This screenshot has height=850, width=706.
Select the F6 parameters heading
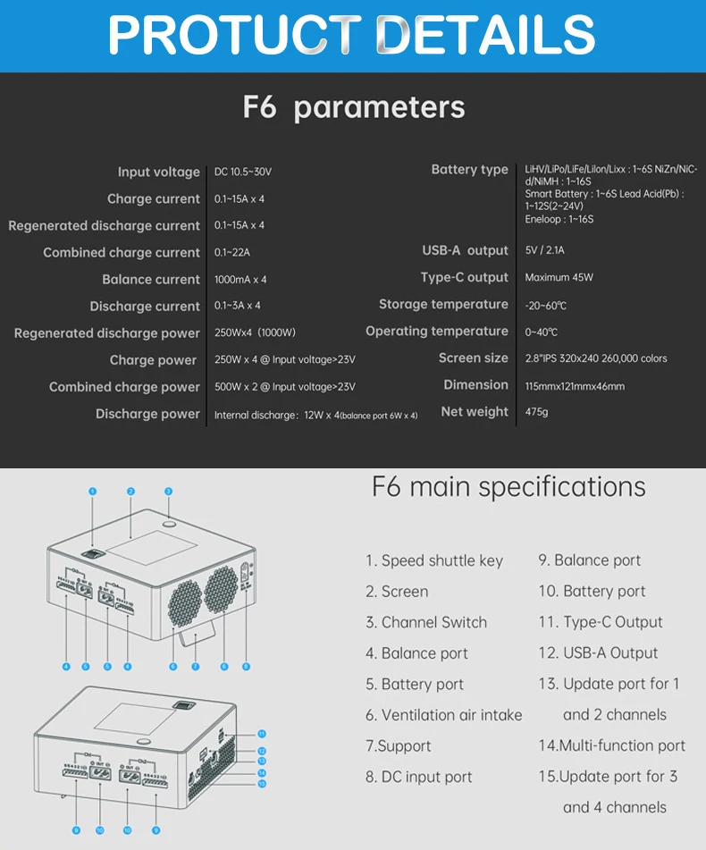point(353,107)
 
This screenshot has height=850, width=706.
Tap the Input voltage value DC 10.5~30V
point(243,172)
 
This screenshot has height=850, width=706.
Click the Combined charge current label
point(122,253)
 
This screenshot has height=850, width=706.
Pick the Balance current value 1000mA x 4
point(240,280)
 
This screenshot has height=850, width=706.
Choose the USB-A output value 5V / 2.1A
point(544,251)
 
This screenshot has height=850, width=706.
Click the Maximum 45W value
point(559,278)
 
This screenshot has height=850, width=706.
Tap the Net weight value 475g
point(536,412)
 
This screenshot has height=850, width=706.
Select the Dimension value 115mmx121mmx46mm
point(575,386)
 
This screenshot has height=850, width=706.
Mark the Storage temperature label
point(443,305)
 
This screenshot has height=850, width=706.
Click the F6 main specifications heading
point(508,487)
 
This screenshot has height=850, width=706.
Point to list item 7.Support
point(398,746)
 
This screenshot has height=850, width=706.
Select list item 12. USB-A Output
point(598,653)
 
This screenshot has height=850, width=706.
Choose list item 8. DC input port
point(418,778)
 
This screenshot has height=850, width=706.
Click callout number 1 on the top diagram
point(92,491)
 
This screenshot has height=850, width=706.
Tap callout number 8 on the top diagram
point(246,666)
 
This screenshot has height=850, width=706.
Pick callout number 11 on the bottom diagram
point(262,733)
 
